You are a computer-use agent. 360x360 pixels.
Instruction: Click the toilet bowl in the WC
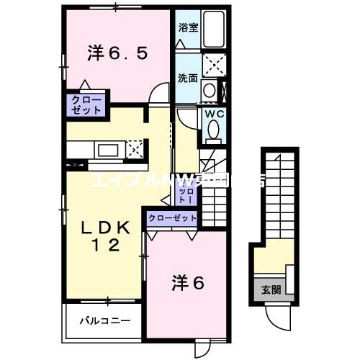coord(214,130)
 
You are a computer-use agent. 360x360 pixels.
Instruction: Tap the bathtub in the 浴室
coord(214,30)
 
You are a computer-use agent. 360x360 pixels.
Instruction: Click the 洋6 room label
coord(189,283)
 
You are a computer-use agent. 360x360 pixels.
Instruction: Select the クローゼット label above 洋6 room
coord(172,217)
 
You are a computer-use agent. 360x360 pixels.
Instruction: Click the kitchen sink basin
coord(110,150)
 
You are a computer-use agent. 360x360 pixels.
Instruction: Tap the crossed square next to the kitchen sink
coord(134,150)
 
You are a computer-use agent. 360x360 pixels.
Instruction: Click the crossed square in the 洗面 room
coord(214,65)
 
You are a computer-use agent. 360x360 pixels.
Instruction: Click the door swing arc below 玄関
coord(275,315)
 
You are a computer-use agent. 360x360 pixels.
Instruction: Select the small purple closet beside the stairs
coord(186,192)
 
